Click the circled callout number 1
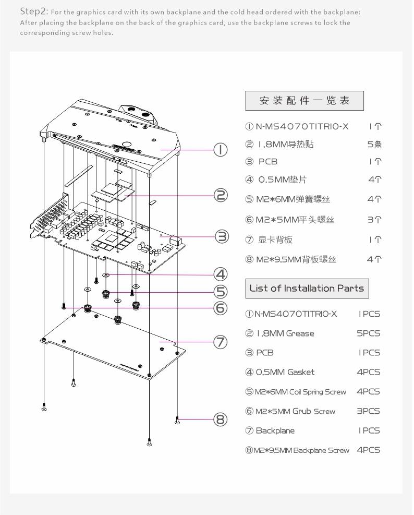coord(221,150)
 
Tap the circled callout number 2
coord(221,195)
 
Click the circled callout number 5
coord(221,291)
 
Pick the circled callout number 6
coord(221,308)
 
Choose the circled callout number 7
coord(221,342)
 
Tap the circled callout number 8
coord(221,420)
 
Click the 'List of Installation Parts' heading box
coord(307,288)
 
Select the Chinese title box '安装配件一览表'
coord(305,101)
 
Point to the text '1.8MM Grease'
coord(285,333)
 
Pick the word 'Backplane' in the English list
coord(275,430)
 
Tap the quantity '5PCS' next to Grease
coord(369,333)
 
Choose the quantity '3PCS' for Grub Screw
coord(369,411)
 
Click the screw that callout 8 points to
coord(178,420)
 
